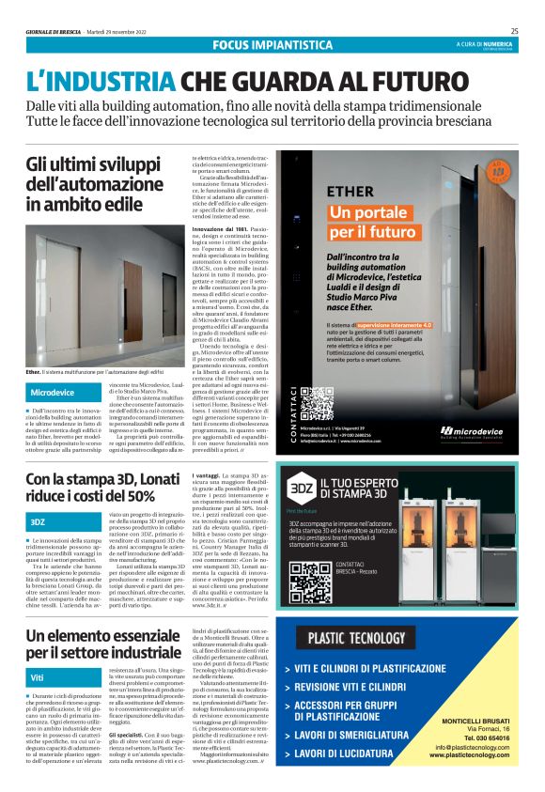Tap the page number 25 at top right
(514, 30)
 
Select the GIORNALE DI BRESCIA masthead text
(54, 30)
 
